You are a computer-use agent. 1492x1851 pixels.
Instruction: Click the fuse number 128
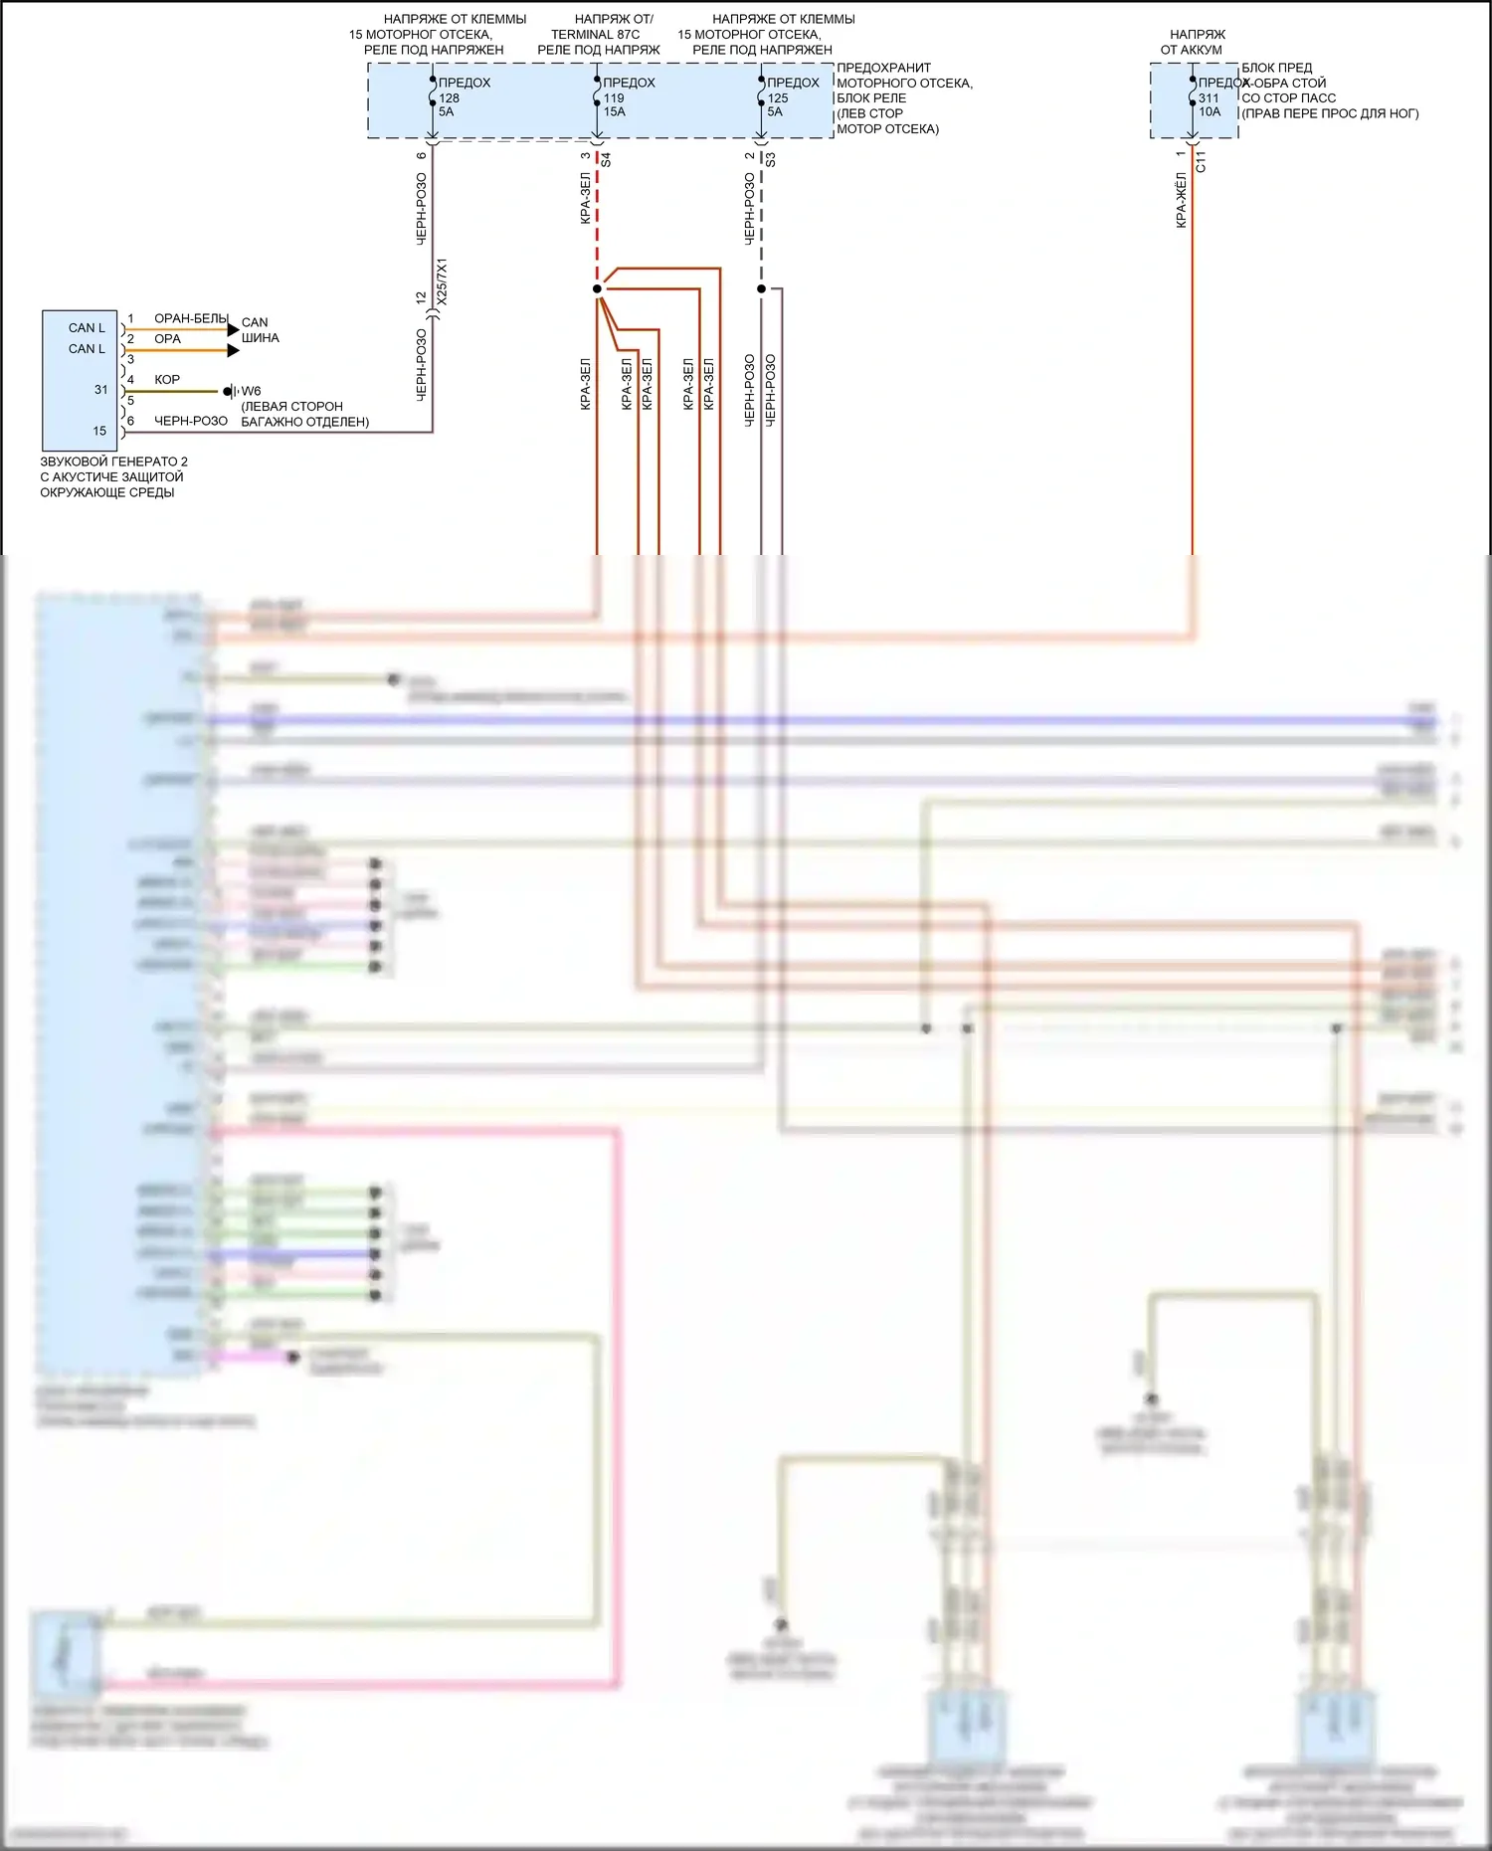point(450,97)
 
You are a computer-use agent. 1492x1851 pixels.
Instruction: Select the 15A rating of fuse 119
point(615,111)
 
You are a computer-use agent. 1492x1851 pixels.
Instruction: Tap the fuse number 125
point(778,97)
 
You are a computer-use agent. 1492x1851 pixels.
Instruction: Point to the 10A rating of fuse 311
point(1210,111)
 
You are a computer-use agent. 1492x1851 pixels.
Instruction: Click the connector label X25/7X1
point(443,281)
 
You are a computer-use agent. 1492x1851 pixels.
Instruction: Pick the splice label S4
point(606,159)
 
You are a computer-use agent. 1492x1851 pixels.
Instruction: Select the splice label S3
point(771,159)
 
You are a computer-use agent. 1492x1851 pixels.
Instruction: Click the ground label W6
point(251,391)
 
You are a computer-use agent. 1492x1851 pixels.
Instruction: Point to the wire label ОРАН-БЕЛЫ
point(191,318)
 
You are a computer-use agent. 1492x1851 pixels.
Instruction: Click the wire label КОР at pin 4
point(167,379)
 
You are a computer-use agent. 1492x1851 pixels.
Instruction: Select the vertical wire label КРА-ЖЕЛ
point(1182,200)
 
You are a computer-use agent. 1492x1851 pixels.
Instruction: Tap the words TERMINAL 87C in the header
point(596,34)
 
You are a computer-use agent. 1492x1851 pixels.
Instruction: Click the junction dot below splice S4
point(597,289)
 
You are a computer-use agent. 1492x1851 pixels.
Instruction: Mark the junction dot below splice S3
point(761,289)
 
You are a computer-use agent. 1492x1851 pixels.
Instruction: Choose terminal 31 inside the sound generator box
point(100,390)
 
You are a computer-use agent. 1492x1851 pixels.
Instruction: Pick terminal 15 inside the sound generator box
point(99,431)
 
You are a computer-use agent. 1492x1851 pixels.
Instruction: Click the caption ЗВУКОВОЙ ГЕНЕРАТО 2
point(113,462)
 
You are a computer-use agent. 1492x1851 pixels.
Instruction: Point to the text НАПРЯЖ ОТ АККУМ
point(1194,42)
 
